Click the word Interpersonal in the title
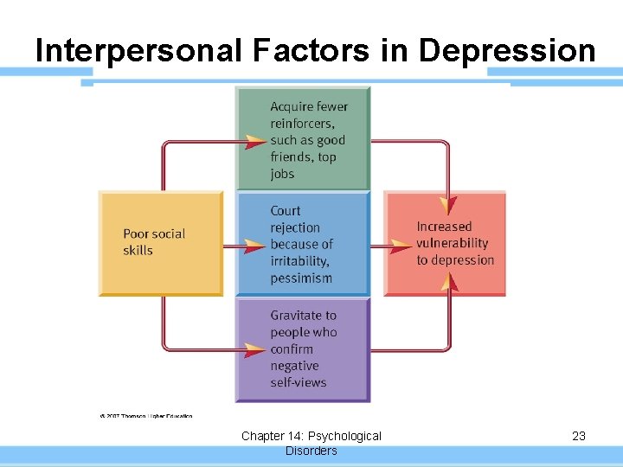coord(139,51)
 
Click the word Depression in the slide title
coord(507,51)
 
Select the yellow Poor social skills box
coord(161,243)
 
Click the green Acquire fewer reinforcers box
coord(303,138)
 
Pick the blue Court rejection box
coord(303,244)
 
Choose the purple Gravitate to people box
coord(303,349)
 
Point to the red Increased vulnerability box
coord(446,243)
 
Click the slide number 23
coord(579,436)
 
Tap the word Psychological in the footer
coord(344,436)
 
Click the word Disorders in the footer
coord(311,451)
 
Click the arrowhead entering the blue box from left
coord(254,246)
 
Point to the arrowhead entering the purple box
coord(254,350)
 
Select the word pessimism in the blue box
coord(301,278)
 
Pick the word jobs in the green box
coord(282,174)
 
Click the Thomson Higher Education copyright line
coord(145,415)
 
